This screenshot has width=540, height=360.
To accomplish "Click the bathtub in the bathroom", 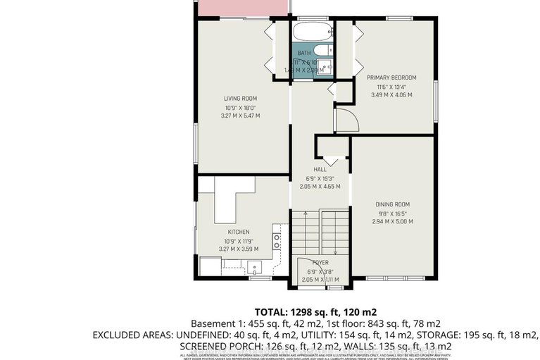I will pos(310,32).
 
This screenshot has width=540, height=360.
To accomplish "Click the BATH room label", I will pos(303,54).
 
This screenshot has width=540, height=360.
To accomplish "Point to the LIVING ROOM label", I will pos(240,99).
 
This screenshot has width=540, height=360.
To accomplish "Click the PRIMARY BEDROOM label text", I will pos(391,77).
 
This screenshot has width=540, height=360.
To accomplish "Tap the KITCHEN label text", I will pos(238,232).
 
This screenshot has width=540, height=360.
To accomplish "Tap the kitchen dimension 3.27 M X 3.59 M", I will pos(238,249).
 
